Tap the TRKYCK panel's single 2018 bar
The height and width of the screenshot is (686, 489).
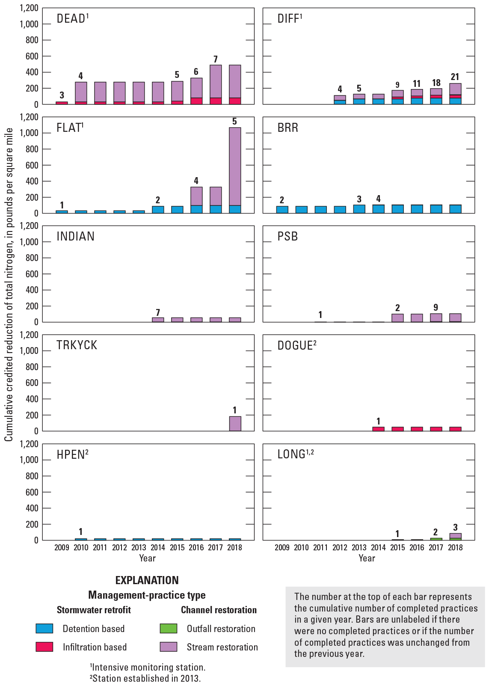[235, 423]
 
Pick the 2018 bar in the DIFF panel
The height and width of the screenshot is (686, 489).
[455, 94]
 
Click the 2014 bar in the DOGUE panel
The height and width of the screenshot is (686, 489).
[378, 429]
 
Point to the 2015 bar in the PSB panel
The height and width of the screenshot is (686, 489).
[397, 318]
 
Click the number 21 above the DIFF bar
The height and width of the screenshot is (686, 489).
[455, 77]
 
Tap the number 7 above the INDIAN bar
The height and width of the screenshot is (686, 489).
[158, 313]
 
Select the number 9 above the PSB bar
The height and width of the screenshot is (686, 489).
[436, 307]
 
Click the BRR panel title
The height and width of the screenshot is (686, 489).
[287, 128]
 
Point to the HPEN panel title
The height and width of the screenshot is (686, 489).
[72, 454]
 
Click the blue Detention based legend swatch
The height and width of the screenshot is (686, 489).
[44, 628]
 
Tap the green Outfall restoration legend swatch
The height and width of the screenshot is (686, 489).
[168, 628]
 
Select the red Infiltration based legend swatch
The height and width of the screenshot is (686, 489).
[44, 647]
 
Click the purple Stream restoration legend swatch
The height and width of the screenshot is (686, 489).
[168, 647]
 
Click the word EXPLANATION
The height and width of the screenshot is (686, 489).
[147, 580]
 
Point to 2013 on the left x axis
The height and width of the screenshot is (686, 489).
[139, 547]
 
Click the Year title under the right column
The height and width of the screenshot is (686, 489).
[367, 558]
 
